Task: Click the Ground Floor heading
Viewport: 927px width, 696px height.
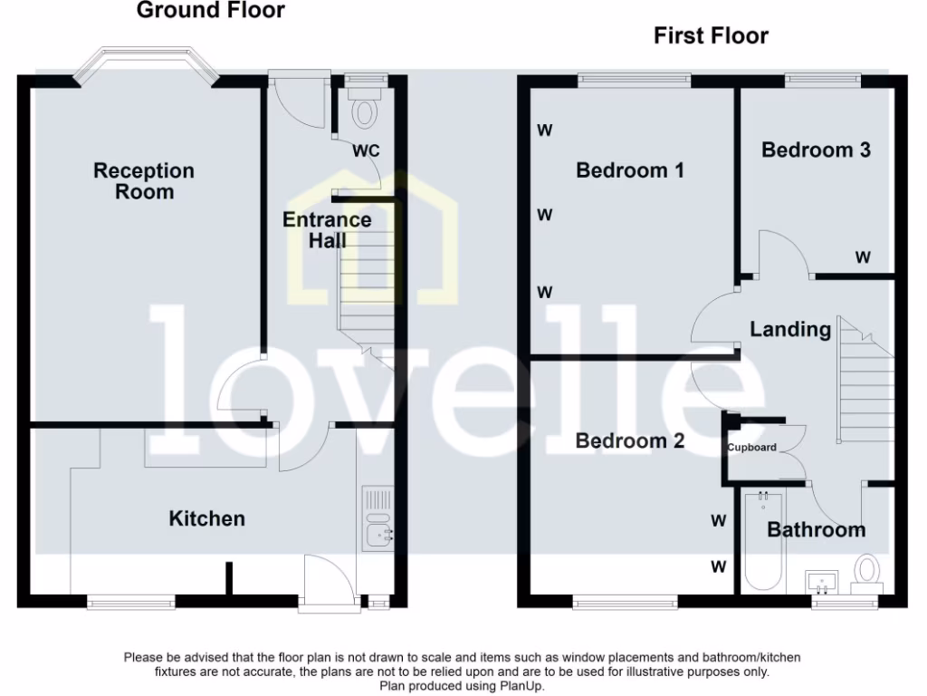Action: tap(210, 11)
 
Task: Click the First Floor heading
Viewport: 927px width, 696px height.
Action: tap(711, 36)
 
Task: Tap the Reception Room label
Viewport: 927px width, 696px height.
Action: tap(144, 180)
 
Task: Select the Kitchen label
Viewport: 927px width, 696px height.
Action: tap(207, 518)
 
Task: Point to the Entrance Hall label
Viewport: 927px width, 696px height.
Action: tap(327, 230)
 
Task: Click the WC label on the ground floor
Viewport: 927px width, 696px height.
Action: tap(366, 150)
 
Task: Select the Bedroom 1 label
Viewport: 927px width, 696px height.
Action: tap(630, 170)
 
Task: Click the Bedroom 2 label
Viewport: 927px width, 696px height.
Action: tap(630, 440)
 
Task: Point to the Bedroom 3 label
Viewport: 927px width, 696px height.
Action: tap(816, 150)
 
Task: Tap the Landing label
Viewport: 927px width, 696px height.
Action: tap(790, 329)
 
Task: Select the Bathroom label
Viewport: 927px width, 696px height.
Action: tap(816, 529)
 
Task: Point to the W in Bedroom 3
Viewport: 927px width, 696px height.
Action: tap(863, 258)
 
